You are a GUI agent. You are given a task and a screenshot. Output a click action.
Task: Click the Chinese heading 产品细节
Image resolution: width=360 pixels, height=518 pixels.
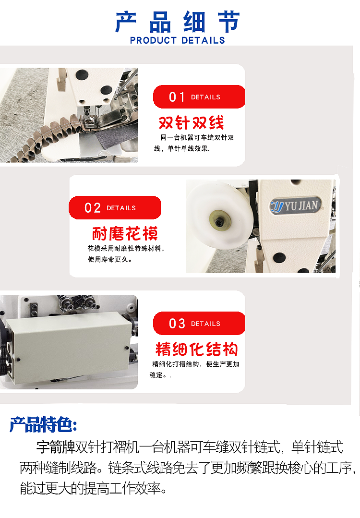click(178, 22)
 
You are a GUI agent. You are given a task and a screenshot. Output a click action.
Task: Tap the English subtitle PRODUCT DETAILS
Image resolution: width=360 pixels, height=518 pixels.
click(178, 40)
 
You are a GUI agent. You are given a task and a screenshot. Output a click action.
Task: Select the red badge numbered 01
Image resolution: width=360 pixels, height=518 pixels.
click(199, 96)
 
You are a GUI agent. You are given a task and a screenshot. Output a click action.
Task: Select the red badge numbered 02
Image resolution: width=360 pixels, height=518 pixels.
click(114, 208)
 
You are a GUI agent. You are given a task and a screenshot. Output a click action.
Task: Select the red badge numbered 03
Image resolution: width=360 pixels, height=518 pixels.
click(199, 324)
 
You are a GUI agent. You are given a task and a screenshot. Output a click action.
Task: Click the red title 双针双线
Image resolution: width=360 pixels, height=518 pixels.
click(192, 123)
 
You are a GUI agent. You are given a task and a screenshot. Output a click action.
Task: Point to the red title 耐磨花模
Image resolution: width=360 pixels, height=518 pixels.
click(125, 234)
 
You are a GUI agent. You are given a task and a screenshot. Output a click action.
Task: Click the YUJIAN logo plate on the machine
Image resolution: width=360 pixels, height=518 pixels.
click(295, 206)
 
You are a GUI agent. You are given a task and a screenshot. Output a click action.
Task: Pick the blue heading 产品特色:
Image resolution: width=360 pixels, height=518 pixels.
click(43, 424)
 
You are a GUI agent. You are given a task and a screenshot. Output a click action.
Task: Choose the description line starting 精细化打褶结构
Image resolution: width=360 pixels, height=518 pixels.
click(195, 364)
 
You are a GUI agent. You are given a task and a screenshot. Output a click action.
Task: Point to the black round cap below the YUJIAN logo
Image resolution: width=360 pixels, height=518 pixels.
click(279, 258)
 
